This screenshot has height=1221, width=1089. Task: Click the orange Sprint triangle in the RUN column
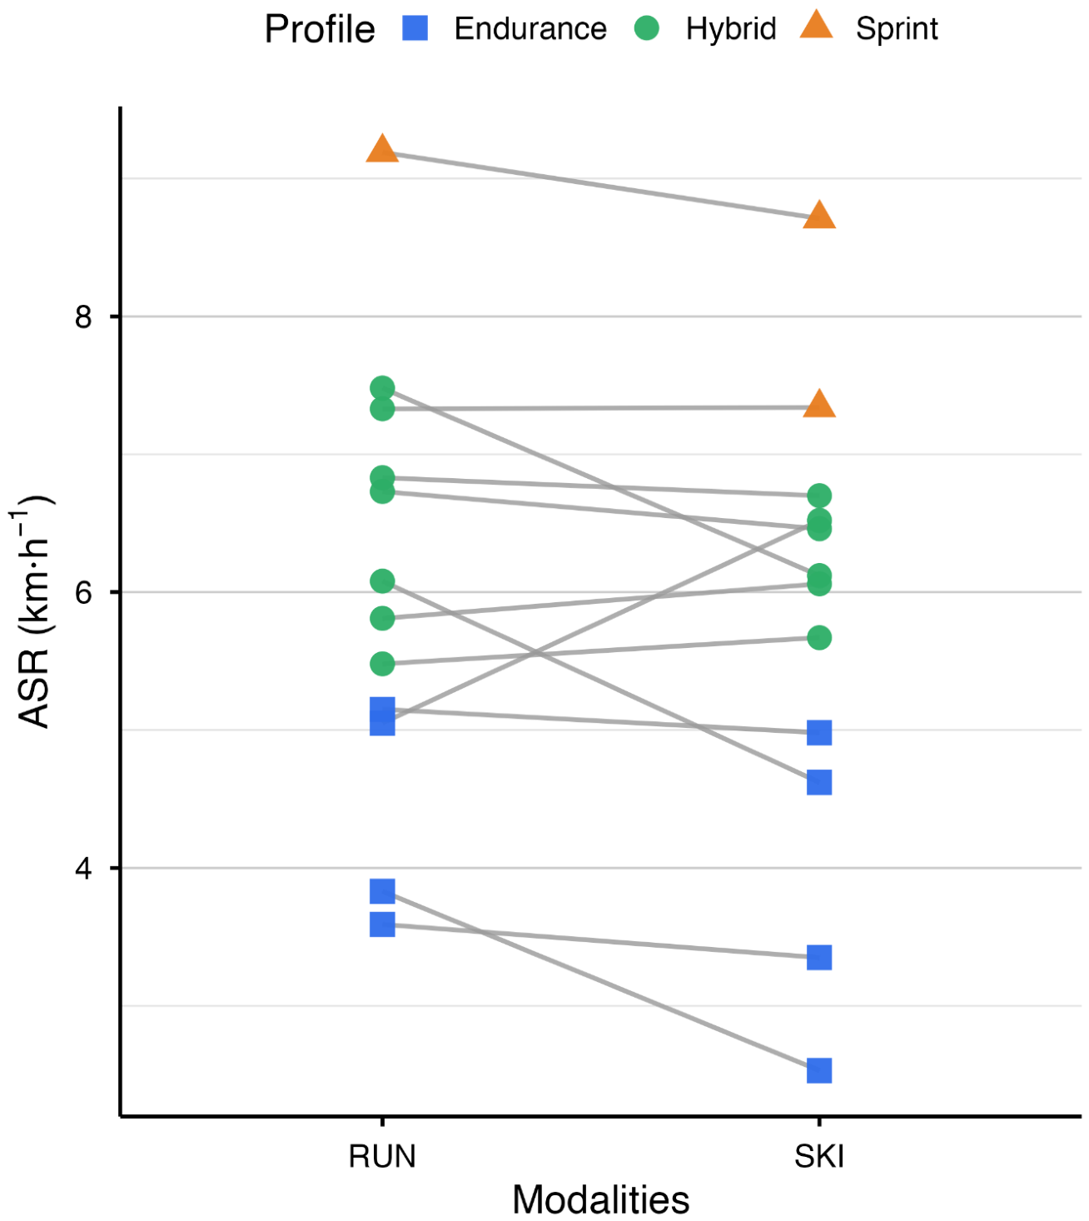pyautogui.click(x=382, y=149)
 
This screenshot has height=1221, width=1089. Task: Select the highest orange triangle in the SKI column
pyautogui.click(x=819, y=216)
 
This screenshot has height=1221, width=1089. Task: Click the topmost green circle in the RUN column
pyautogui.click(x=382, y=387)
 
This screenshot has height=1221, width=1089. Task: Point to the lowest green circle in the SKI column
pyautogui.click(x=819, y=637)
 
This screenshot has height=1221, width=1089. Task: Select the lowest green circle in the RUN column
pyautogui.click(x=382, y=664)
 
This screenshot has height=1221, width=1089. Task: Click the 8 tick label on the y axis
pyautogui.click(x=83, y=316)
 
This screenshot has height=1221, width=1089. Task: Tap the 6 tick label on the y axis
pyautogui.click(x=83, y=592)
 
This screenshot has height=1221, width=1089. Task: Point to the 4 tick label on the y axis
pyautogui.click(x=83, y=869)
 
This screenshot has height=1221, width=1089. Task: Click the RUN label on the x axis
pyautogui.click(x=382, y=1156)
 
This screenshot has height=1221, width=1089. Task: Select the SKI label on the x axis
pyautogui.click(x=819, y=1156)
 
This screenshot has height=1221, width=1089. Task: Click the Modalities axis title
pyautogui.click(x=600, y=1199)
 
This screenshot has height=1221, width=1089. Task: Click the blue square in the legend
pyautogui.click(x=415, y=27)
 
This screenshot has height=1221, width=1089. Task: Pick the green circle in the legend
pyautogui.click(x=647, y=27)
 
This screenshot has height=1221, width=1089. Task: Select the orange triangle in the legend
pyautogui.click(x=816, y=25)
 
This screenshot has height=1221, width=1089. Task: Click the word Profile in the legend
pyautogui.click(x=320, y=29)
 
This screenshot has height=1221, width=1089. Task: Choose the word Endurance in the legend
pyautogui.click(x=530, y=28)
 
